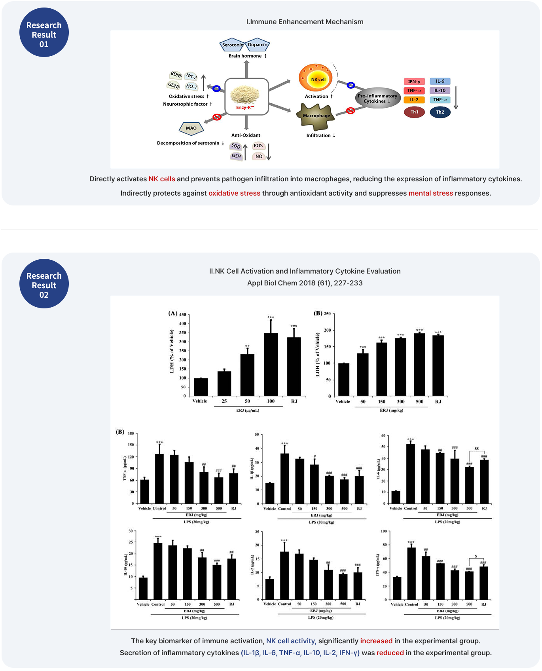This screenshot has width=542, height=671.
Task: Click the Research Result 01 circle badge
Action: coord(44,32)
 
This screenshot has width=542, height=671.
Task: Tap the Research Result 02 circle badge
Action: coord(44,283)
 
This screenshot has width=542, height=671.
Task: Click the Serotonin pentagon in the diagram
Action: coord(232,45)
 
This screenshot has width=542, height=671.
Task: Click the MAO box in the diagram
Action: coord(191,128)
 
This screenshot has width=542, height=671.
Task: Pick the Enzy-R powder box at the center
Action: coord(246,97)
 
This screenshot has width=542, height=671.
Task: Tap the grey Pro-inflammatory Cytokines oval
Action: coord(377,98)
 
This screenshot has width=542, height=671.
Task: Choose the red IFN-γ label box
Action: coord(414,82)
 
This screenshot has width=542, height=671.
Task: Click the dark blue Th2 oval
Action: coord(440,112)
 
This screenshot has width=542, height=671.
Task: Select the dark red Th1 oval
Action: coord(414,112)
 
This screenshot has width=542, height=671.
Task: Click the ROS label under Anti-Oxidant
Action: coord(258,146)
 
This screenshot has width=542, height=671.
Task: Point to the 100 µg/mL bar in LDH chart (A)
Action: coord(271,364)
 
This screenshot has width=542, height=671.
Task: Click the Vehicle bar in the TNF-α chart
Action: coord(144,491)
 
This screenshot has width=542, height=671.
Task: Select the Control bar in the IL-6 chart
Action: coord(410,473)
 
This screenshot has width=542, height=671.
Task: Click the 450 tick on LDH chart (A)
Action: coord(182,315)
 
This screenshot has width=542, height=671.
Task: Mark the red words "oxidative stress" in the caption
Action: coord(234,193)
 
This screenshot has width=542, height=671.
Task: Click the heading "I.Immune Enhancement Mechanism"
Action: coord(305,22)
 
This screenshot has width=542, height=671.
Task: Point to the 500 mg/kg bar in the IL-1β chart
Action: coord(344,491)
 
